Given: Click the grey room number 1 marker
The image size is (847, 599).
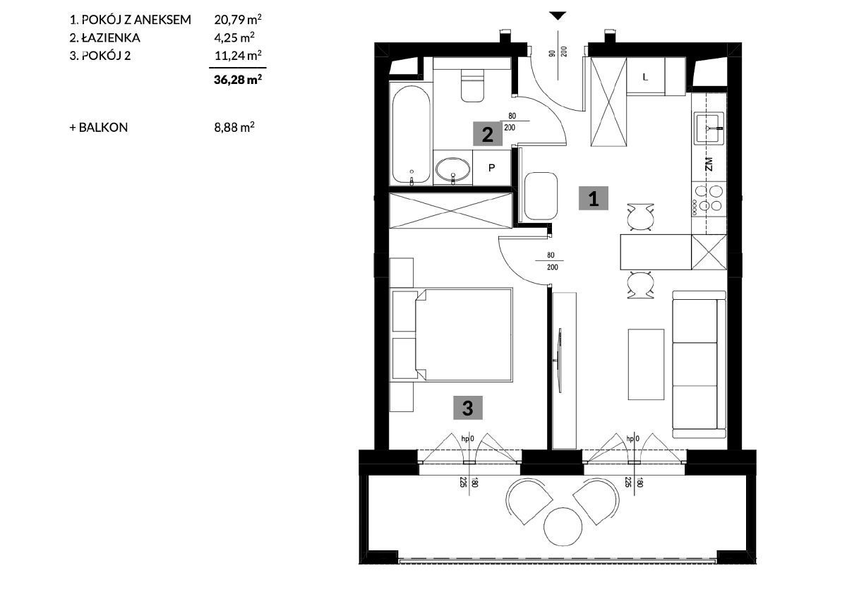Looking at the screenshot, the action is [594, 198].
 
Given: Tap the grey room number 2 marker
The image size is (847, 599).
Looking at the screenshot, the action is [488, 134].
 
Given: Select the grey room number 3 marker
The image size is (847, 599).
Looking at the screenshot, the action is [468, 408].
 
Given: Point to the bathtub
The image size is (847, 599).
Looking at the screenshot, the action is [411, 134].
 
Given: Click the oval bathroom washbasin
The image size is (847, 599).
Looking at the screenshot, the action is [453, 168].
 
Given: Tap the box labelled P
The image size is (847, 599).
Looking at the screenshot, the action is [491, 167].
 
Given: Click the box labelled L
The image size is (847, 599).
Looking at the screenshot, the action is [645, 77].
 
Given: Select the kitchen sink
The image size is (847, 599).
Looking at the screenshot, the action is [709, 128].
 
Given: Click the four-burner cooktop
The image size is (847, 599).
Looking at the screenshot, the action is [709, 199].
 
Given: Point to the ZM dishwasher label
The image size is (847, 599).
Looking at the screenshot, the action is [709, 164].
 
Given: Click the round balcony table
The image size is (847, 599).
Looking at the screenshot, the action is [563, 526].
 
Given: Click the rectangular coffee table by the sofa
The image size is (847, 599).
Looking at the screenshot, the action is [646, 364].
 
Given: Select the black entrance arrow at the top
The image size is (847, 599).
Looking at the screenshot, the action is [558, 16].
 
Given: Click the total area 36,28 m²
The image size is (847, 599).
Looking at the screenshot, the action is [238, 79].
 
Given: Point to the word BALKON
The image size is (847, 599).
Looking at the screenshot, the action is [103, 128].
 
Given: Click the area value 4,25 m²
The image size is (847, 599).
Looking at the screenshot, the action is [234, 37].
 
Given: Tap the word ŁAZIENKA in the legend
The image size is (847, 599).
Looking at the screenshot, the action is [111, 37].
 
